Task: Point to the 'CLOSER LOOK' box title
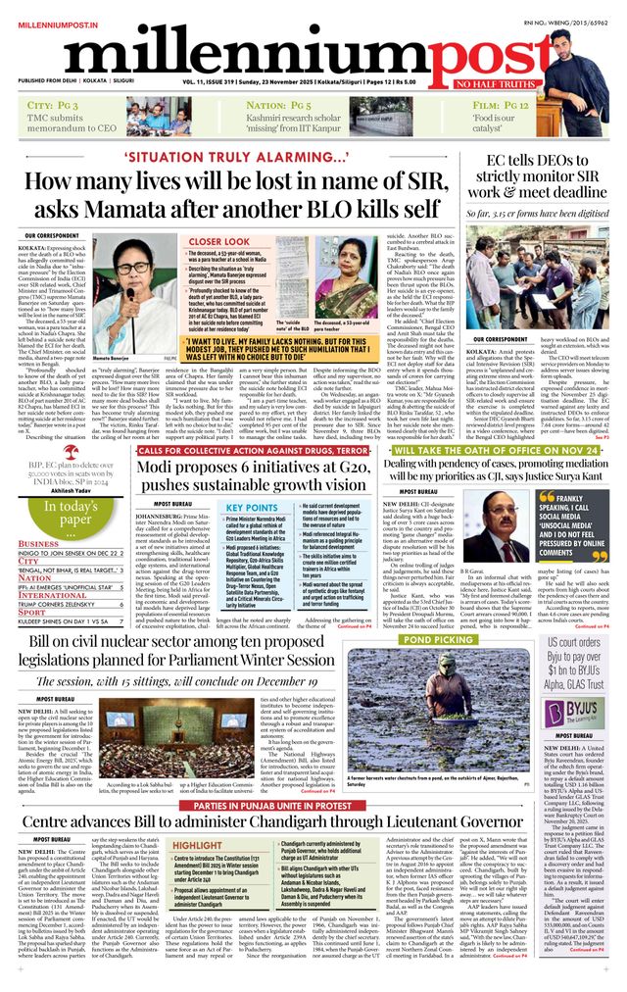218,241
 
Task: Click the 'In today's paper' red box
65,512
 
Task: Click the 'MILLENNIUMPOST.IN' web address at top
55,9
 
